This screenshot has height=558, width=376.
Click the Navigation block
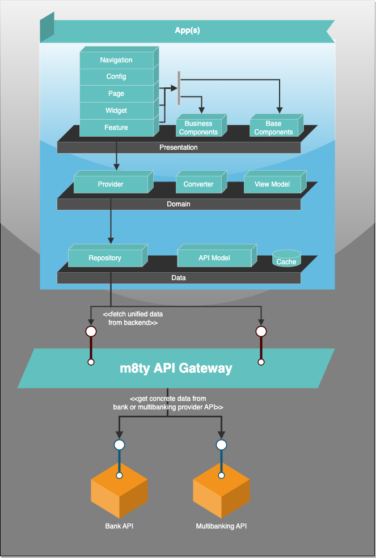tap(116, 60)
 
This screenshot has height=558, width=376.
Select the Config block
tap(116, 77)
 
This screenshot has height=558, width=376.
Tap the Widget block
tap(116, 111)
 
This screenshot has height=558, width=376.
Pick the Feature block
tap(116, 128)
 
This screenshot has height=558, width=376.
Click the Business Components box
tap(198, 128)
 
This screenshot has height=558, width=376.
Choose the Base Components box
tap(273, 128)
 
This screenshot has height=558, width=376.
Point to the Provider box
tap(111, 184)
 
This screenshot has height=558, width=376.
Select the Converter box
tap(198, 184)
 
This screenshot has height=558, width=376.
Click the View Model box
tap(272, 184)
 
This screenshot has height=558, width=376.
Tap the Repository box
tap(105, 258)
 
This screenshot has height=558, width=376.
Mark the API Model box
tap(214, 258)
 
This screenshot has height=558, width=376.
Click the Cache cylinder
tap(286, 260)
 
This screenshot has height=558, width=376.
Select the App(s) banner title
tap(187, 31)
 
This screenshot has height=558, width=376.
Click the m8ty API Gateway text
tap(176, 368)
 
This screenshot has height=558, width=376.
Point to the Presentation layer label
tap(179, 147)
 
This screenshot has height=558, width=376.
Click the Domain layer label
tap(179, 204)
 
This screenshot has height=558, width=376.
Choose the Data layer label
tap(179, 278)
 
